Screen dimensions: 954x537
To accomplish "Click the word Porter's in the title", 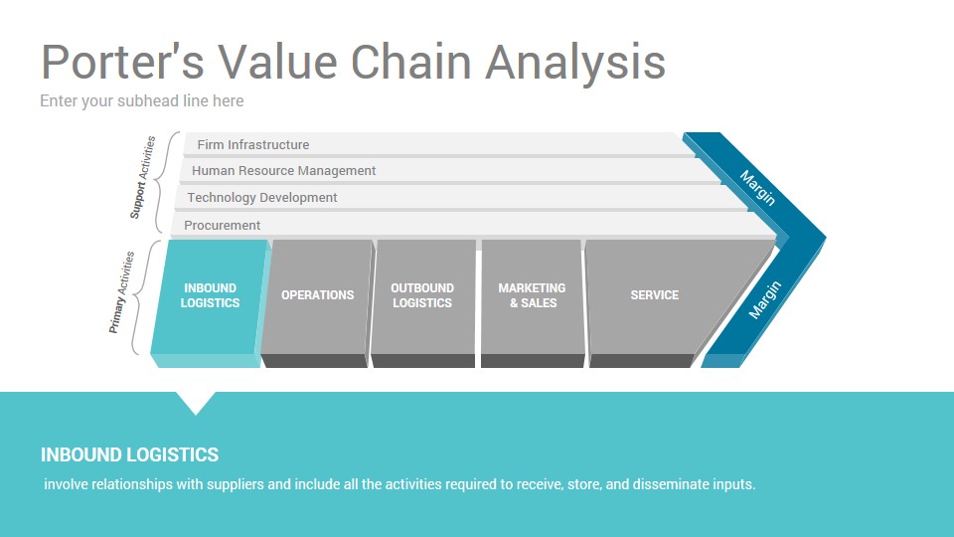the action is [x=122, y=62].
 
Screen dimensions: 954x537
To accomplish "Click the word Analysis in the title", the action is [x=575, y=63].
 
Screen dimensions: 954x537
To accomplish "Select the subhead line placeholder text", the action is [x=142, y=101].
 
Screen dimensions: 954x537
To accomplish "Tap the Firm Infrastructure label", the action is [x=253, y=145].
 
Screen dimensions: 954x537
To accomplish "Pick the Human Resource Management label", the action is [x=283, y=171].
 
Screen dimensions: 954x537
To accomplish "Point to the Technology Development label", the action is [x=261, y=198].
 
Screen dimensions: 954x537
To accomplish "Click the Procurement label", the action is [x=222, y=226].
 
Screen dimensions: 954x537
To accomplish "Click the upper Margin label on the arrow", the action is [x=757, y=188].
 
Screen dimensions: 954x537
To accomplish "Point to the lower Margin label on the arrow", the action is [x=765, y=300].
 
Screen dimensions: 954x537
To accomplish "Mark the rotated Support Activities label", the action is [x=143, y=177].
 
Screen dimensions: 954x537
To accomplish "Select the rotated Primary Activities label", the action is [x=121, y=292].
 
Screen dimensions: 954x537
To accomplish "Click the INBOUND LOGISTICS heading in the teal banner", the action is [x=129, y=454].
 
